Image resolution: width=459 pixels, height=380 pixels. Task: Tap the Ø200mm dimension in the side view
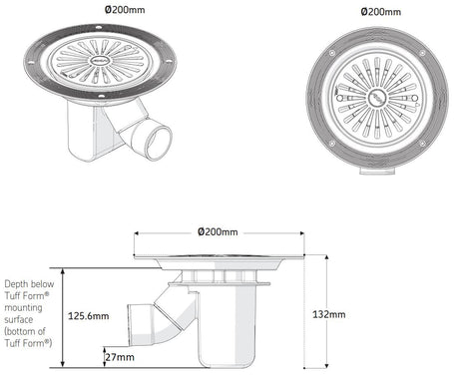coord(218,232)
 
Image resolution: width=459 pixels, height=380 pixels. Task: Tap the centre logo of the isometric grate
coord(103,62)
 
